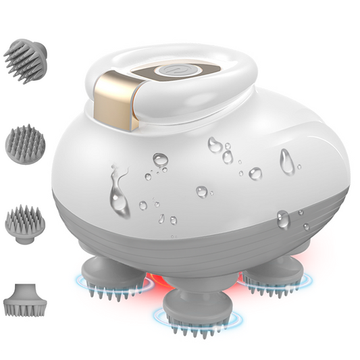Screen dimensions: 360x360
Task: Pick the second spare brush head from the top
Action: (25, 143)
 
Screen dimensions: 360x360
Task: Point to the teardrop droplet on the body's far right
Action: (286, 161)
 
